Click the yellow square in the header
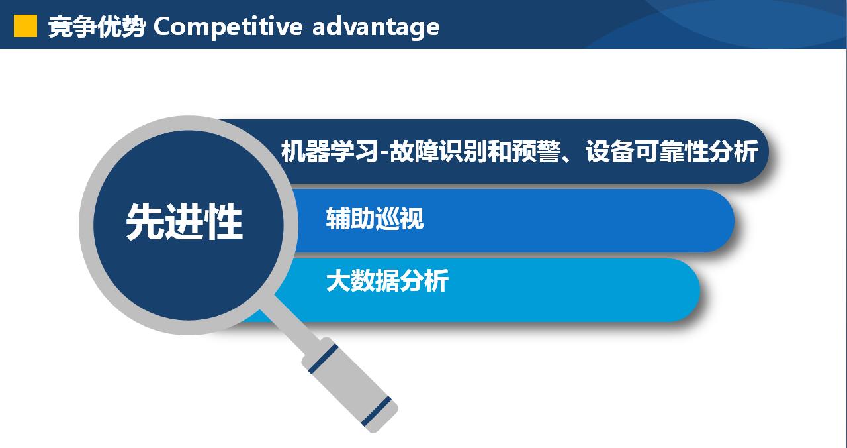[x=25, y=26]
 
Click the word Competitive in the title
[x=228, y=27]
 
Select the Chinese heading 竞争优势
[x=97, y=27]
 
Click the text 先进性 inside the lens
[x=184, y=221]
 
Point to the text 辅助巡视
[x=375, y=218]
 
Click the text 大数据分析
[x=387, y=280]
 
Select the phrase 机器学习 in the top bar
[x=330, y=151]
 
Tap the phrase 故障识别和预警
[x=475, y=151]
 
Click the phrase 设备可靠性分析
[x=672, y=151]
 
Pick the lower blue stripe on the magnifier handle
[x=376, y=412]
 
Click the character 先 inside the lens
[x=145, y=221]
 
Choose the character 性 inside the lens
[x=224, y=221]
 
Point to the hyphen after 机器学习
[x=383, y=153]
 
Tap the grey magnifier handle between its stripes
[x=349, y=385]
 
